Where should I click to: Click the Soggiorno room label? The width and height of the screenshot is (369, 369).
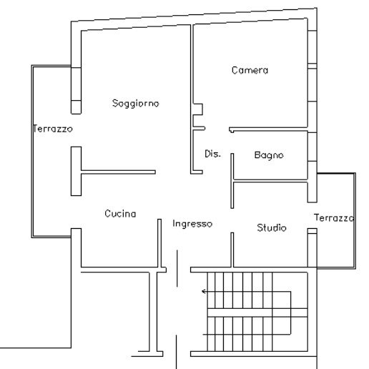click(135, 104)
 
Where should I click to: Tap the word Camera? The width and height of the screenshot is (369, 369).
click(250, 70)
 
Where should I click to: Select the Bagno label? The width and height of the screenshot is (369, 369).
click(269, 155)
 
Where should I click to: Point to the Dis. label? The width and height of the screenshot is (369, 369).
click(212, 154)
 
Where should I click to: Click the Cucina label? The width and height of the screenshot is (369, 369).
click(120, 213)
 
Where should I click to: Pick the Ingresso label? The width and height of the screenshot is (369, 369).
click(192, 224)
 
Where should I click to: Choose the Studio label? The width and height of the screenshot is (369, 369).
click(272, 227)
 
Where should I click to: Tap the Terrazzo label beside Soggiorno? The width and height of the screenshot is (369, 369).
click(53, 129)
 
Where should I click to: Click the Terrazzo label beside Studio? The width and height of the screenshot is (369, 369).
click(334, 217)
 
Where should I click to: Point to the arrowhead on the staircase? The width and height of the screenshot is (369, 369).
click(204, 291)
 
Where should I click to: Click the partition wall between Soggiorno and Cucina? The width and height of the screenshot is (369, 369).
click(118, 172)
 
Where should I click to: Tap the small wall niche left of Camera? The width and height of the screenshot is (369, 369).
click(197, 109)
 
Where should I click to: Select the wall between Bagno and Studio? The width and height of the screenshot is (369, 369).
click(270, 181)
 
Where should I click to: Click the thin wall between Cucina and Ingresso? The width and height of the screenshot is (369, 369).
click(159, 243)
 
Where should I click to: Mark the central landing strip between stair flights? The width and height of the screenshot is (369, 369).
click(257, 313)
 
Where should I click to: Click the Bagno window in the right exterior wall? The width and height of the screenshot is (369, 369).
click(313, 147)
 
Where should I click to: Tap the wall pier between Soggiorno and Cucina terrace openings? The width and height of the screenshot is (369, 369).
click(76, 171)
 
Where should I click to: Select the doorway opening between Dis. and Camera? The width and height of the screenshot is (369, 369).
click(217, 129)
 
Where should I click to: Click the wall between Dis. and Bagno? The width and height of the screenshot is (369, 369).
click(232, 181)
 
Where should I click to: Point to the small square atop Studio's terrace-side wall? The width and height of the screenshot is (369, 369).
click(313, 231)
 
